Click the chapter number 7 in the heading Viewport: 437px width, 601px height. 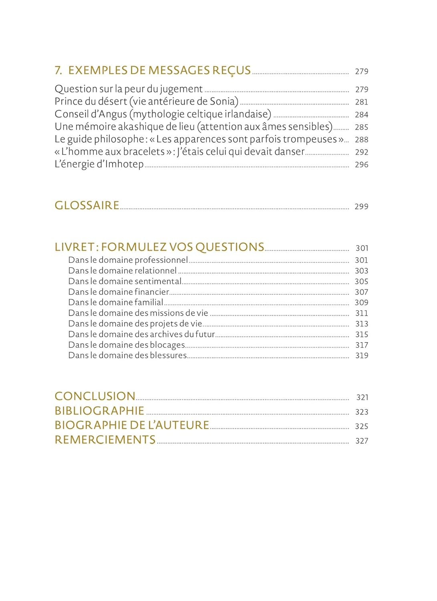(x=58, y=71)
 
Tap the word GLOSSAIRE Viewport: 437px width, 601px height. (x=87, y=206)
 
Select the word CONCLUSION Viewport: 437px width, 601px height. (x=95, y=396)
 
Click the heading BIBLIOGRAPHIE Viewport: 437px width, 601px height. (x=99, y=411)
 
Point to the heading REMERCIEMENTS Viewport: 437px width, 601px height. (x=105, y=440)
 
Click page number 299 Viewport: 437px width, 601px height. (x=361, y=206)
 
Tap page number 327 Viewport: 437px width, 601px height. (x=362, y=441)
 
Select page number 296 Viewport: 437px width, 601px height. (x=361, y=165)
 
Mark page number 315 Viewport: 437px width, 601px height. (x=361, y=334)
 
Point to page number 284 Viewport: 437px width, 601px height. (x=361, y=115)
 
